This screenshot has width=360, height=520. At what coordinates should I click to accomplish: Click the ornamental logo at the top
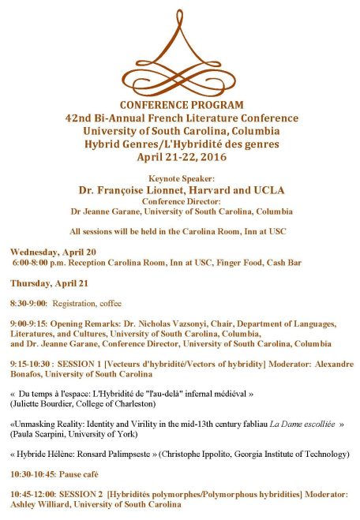(x=180, y=50)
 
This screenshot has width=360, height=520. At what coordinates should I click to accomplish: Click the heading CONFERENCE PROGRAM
(x=181, y=105)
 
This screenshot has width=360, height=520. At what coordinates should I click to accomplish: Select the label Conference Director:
(x=181, y=201)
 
